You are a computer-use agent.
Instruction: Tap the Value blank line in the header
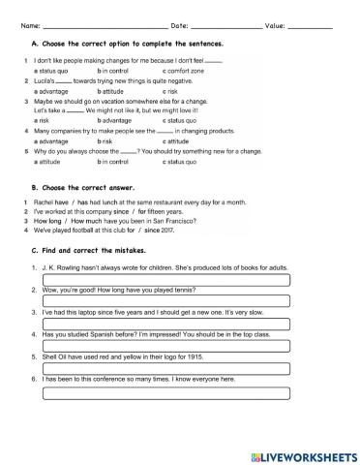click(311, 25)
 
